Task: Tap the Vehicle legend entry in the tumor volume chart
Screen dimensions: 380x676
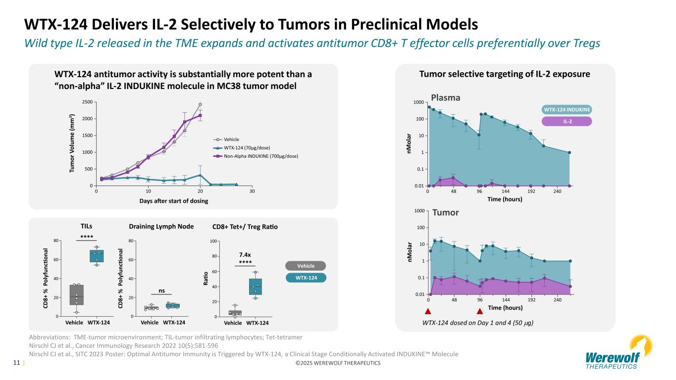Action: [232, 140]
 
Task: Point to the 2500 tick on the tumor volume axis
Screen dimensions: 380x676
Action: [86, 101]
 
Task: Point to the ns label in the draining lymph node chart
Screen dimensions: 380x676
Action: [162, 290]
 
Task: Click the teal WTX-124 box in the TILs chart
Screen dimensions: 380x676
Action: [97, 256]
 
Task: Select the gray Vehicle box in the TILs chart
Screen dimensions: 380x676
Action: [77, 295]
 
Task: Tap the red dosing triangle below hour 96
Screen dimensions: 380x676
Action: [479, 312]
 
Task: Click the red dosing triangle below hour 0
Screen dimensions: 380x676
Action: [428, 312]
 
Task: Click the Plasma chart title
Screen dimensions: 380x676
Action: [446, 98]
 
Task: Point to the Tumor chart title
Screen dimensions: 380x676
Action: [445, 212]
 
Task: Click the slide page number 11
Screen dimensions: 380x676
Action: [16, 363]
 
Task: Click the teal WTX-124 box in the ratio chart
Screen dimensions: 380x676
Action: [256, 286]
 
